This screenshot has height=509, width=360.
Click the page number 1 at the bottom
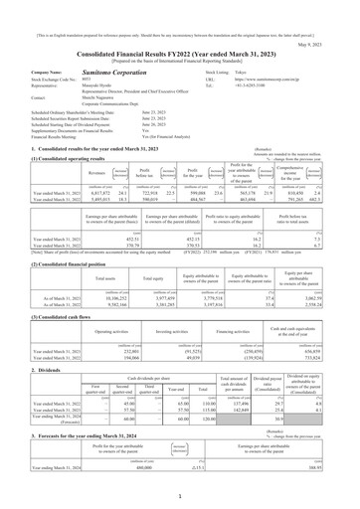179,500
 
